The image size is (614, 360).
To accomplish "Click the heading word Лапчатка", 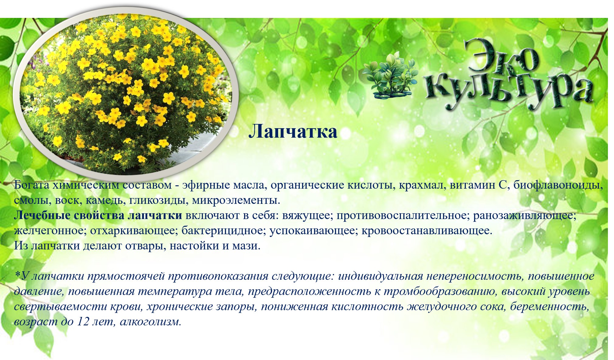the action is pos(293,132).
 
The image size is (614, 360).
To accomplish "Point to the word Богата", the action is pos(32,185).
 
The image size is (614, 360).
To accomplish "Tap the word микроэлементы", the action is pos(236,200).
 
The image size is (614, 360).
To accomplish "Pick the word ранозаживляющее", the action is pos(525,215).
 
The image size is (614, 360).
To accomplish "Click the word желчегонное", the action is pos(50,231).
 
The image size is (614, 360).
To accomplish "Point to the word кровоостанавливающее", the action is pos(427,231).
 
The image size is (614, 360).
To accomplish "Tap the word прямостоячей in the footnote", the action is pos(126,276).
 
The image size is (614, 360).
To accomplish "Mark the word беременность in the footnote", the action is pos(550,307).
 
